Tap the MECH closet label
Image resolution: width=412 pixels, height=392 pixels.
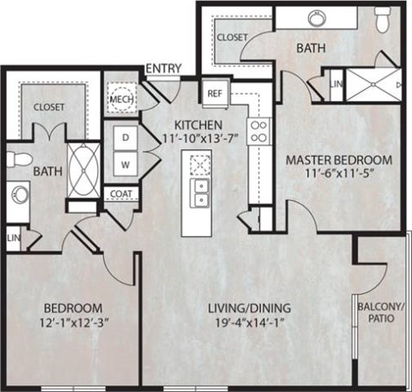(118, 99)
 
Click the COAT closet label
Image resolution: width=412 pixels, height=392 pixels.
(120, 193)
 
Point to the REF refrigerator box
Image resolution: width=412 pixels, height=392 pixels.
(215, 93)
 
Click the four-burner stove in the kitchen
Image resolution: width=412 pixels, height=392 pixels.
(257, 130)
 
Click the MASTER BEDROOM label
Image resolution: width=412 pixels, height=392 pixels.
(338, 160)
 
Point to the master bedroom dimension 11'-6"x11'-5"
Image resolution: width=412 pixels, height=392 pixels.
(338, 174)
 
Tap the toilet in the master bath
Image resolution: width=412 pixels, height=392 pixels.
(383, 18)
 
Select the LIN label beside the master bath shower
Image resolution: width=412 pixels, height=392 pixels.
(336, 85)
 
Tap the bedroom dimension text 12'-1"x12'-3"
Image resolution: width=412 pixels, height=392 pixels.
(73, 324)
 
